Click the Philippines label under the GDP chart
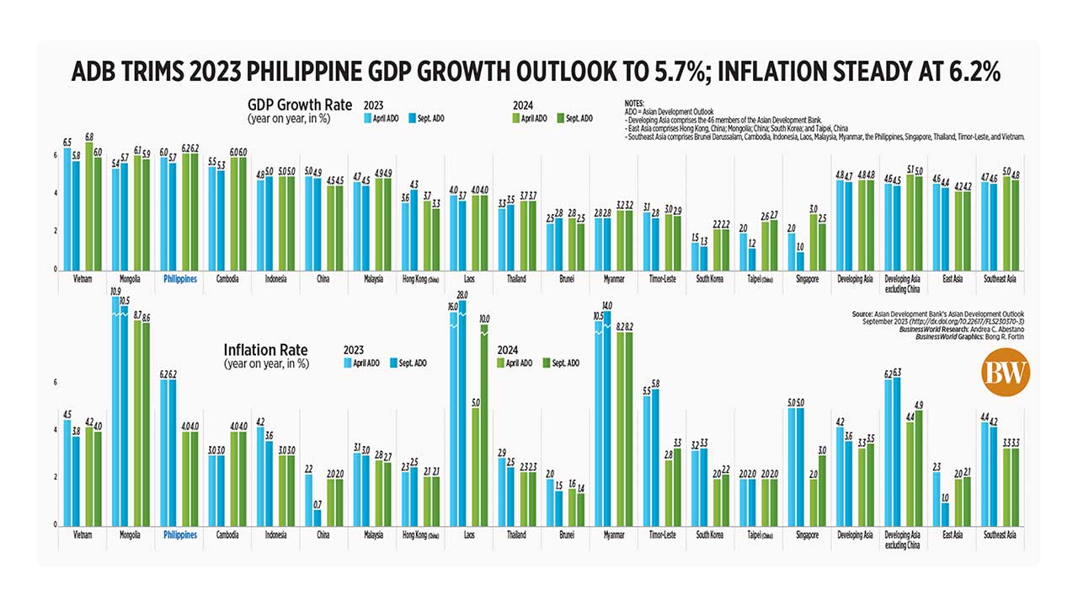(179, 277)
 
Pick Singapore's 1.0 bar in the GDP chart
(801, 261)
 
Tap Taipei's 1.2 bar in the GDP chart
(752, 259)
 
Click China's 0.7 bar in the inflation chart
(317, 517)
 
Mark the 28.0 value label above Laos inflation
(462, 294)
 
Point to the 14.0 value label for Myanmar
(608, 305)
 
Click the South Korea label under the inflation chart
(711, 535)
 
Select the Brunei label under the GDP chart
(566, 277)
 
